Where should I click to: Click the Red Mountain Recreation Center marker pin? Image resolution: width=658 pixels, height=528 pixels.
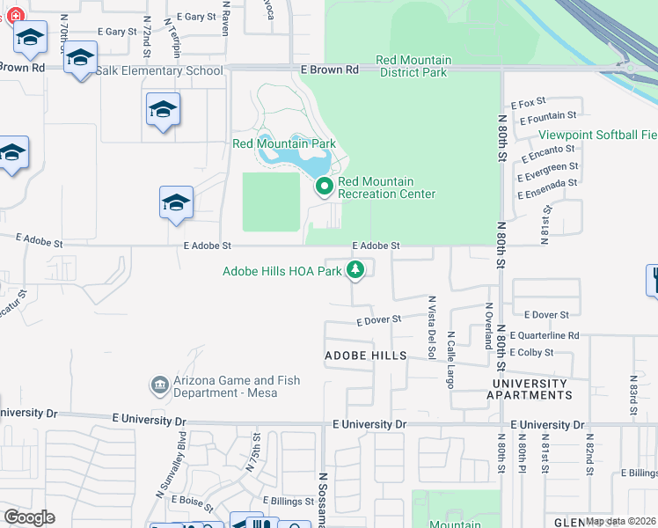[x=324, y=187]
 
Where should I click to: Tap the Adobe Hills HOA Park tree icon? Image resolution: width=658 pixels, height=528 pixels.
[x=355, y=270]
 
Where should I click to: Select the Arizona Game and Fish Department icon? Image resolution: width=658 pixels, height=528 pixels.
[x=160, y=385]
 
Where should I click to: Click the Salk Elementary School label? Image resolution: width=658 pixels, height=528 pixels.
[x=159, y=70]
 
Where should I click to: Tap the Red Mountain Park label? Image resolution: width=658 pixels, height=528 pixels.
[x=284, y=143]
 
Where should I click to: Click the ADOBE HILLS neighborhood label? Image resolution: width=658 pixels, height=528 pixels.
[x=366, y=356]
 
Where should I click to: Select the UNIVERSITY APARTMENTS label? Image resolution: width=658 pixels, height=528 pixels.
[x=530, y=389]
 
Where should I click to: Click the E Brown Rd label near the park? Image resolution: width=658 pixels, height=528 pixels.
[x=329, y=69]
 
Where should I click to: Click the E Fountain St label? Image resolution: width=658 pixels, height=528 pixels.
[x=548, y=115]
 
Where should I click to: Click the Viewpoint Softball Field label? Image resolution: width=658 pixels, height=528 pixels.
[x=597, y=135]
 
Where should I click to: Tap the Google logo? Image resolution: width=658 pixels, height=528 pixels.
[x=29, y=517]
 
